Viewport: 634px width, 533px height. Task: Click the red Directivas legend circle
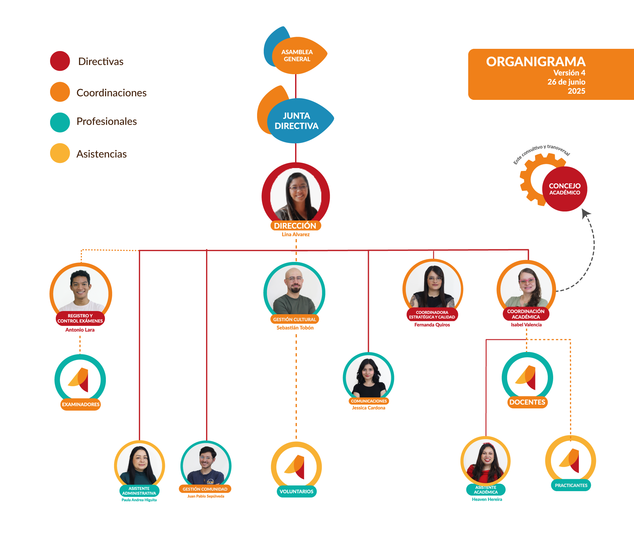[x=60, y=61]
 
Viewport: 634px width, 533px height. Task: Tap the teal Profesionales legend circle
[x=60, y=122]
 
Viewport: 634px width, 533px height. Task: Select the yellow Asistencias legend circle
[x=60, y=153]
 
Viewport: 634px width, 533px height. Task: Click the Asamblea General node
[x=297, y=55]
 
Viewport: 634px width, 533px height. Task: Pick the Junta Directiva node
[x=297, y=121]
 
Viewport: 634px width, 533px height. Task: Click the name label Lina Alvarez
[x=295, y=234]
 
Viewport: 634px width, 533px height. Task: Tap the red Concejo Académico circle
[x=565, y=189]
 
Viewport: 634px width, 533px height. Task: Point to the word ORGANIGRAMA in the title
[x=536, y=62]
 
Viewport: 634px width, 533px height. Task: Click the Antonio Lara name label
[x=80, y=330]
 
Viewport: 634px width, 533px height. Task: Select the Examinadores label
[x=81, y=404]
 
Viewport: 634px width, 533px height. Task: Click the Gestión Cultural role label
[x=294, y=319]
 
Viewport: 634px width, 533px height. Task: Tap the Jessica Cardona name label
[x=369, y=408]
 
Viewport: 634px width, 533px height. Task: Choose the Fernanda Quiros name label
[x=432, y=325]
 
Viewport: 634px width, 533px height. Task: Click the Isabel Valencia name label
[x=526, y=325]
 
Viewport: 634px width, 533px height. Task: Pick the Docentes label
[x=527, y=402]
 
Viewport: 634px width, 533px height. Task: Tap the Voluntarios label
[x=296, y=491]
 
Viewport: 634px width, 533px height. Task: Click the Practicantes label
[x=571, y=485]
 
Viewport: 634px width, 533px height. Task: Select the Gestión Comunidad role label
[x=205, y=489]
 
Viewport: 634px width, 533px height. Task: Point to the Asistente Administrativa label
[x=139, y=491]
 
